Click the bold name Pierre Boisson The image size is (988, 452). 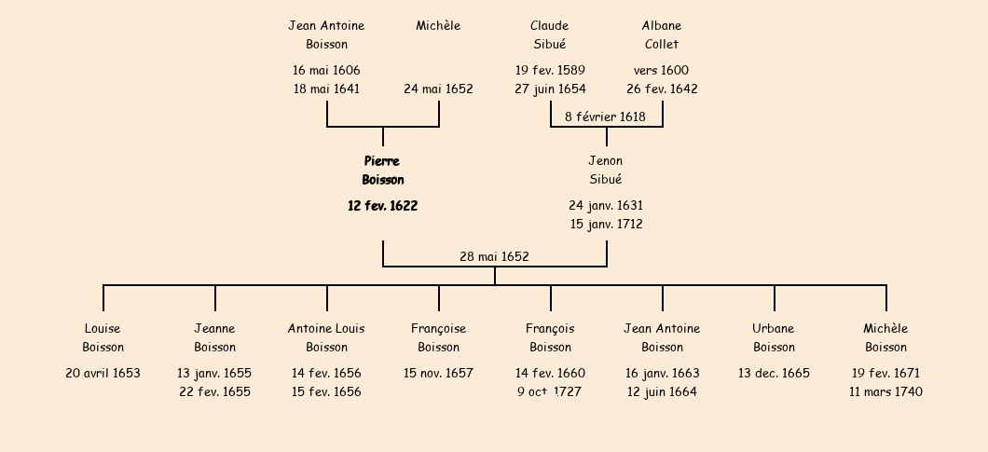point(382,171)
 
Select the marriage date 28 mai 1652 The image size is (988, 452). point(494,256)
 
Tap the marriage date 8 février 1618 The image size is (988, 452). point(605,116)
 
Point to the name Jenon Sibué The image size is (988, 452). point(606,171)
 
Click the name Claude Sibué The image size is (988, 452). point(550,34)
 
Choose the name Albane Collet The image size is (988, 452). point(662,34)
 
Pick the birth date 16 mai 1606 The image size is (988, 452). point(326,70)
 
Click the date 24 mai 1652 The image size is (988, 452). point(438,89)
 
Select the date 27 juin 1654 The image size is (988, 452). point(550,89)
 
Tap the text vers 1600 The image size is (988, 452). point(661,70)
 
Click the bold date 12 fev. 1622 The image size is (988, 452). point(382,206)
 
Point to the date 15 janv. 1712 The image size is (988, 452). point(606,225)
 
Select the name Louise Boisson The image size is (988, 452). point(103,337)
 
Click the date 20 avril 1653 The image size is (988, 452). point(103,373)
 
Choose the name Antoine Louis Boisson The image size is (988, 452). point(326,337)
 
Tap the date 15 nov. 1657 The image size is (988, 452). point(438,373)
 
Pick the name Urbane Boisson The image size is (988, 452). point(774,337)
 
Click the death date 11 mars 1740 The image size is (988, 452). point(885,392)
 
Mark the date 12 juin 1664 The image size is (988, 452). point(662,392)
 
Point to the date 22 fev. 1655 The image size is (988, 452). point(214,392)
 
